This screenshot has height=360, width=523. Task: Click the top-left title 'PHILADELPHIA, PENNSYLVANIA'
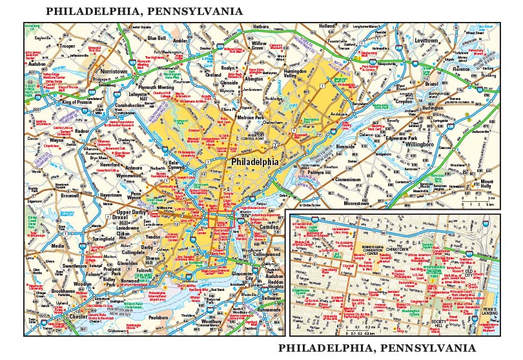point(144,12)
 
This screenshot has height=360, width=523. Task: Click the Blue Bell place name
point(157,38)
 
